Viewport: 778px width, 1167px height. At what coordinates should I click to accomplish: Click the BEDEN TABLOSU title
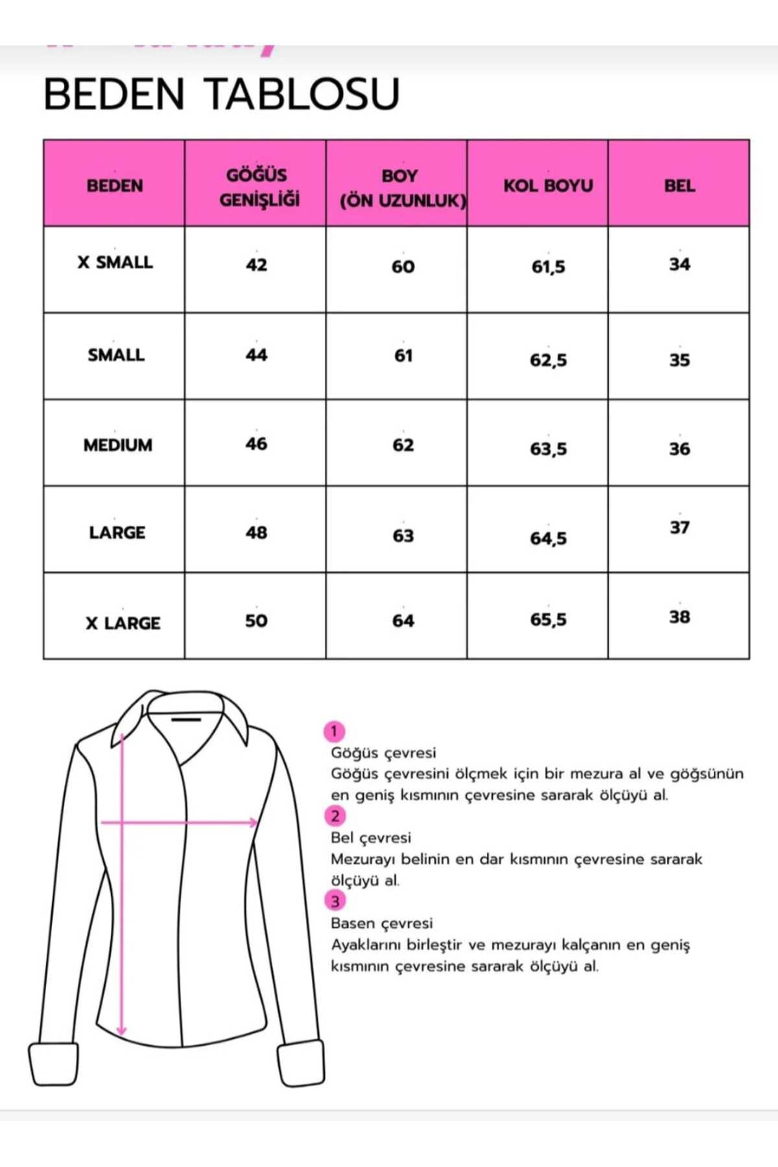click(221, 94)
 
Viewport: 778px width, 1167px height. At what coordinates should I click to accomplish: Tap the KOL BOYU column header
click(548, 185)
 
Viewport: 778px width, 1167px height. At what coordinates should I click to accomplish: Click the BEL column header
click(679, 185)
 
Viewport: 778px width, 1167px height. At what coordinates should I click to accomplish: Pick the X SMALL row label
click(115, 263)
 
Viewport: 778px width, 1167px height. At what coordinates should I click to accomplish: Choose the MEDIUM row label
click(117, 445)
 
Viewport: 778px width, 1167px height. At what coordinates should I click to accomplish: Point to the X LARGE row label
click(123, 623)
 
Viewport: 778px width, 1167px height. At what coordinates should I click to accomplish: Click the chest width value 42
click(256, 265)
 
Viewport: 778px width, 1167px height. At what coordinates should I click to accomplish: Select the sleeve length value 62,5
click(548, 360)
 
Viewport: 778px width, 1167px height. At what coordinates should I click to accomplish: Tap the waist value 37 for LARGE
click(679, 528)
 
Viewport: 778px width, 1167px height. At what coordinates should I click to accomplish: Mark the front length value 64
click(403, 621)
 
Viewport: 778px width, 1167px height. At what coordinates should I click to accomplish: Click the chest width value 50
click(256, 621)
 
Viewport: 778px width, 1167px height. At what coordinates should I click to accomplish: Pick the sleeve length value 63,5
click(548, 449)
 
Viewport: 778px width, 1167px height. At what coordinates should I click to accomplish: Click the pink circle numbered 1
click(334, 732)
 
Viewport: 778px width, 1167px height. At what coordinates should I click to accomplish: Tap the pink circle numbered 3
click(335, 901)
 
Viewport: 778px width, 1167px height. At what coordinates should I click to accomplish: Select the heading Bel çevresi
click(370, 838)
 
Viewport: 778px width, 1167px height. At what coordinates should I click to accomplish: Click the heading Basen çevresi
click(381, 923)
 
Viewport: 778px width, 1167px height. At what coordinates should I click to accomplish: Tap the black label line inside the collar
click(186, 719)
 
